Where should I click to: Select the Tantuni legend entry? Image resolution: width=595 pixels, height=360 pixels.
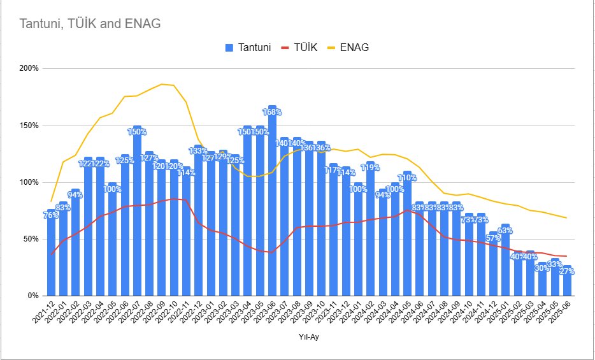pyautogui.click(x=253, y=47)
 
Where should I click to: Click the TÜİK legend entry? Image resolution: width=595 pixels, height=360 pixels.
pyautogui.click(x=309, y=47)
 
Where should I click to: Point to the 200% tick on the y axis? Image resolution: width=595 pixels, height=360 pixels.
pyautogui.click(x=29, y=68)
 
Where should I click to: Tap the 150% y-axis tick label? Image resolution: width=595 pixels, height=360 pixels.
pyautogui.click(x=29, y=126)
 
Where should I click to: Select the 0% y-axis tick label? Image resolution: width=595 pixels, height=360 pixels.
pyautogui.click(x=33, y=296)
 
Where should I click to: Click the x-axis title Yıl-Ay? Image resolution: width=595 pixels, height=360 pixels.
pyautogui.click(x=308, y=338)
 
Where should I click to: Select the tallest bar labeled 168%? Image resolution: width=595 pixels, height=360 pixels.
pyautogui.click(x=272, y=204)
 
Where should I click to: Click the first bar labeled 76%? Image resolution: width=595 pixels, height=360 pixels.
pyautogui.click(x=52, y=255)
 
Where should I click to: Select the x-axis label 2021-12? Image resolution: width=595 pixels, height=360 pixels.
pyautogui.click(x=46, y=314)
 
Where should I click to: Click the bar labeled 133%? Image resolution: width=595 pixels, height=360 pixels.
pyautogui.click(x=198, y=223)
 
